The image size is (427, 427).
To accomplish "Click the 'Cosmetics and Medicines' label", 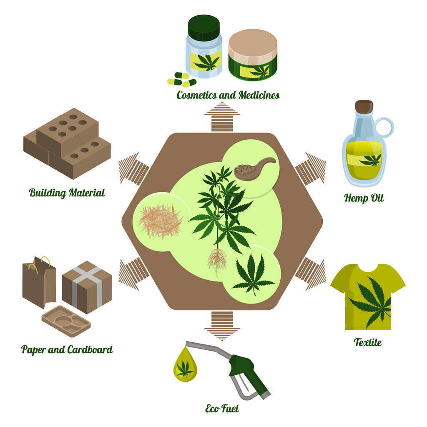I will tap(228, 95).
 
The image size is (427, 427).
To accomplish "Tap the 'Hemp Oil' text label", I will tap(364, 198).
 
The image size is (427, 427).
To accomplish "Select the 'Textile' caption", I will tap(367, 342).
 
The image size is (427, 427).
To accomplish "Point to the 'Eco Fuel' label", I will tap(222, 408).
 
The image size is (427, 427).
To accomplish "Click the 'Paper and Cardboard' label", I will tap(67, 349).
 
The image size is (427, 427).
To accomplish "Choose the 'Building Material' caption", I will tap(67, 193).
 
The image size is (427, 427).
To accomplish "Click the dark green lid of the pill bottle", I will tap(203, 27).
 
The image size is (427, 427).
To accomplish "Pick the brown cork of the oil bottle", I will tap(364, 107).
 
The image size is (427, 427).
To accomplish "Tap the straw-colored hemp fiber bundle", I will tap(160, 221).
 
